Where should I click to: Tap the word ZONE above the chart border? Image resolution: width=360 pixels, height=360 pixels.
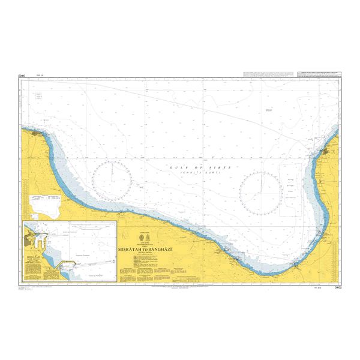point(22,76)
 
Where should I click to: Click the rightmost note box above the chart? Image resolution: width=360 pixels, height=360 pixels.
point(320,74)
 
